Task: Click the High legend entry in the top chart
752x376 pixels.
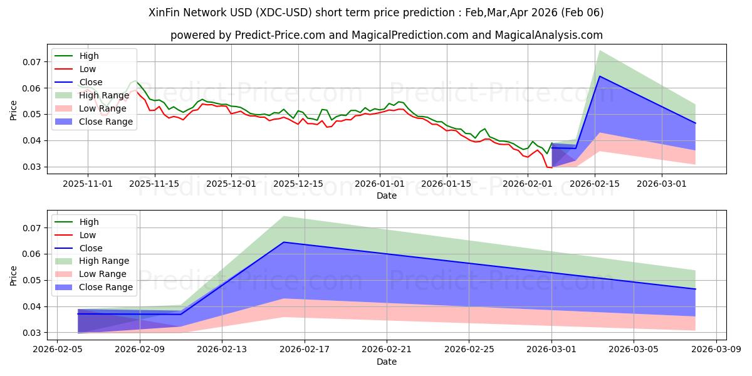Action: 88,56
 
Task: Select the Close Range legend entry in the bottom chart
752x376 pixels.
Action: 106,287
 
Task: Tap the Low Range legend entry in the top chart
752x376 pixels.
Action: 103,108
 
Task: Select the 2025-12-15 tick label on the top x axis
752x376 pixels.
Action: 298,184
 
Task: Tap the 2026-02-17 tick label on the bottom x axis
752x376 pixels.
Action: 304,350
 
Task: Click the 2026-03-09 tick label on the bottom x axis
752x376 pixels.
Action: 716,350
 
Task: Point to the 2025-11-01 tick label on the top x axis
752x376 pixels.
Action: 88,184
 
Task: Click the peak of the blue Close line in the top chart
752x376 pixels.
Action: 600,76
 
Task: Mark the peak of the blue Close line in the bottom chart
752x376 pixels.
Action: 284,242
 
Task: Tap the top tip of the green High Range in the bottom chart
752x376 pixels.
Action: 284,216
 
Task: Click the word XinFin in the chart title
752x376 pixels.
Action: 167,12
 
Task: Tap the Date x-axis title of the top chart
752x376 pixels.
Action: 386,196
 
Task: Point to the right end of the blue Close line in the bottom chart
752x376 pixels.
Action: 695,289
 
